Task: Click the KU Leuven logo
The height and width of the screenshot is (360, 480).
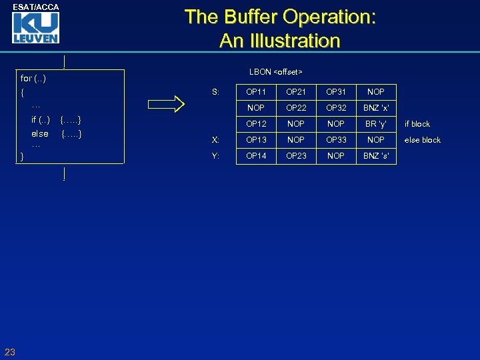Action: [35, 28]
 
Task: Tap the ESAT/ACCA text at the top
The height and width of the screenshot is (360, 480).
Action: [35, 7]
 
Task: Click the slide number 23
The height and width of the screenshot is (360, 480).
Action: [9, 352]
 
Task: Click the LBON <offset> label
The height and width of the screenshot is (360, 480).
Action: [275, 71]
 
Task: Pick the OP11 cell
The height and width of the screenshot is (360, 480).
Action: [256, 91]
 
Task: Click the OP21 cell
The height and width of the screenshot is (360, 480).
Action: [296, 91]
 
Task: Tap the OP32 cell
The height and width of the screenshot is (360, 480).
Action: [336, 107]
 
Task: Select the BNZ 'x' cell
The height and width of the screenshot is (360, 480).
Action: [376, 107]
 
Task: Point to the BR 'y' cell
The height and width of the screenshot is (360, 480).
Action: [376, 124]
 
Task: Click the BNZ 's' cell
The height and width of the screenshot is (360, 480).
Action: [376, 156]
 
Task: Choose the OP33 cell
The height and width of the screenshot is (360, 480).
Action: [336, 140]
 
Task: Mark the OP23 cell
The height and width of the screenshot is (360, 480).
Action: [296, 156]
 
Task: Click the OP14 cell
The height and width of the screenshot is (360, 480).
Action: [256, 156]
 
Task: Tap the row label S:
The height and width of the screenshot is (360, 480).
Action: [215, 91]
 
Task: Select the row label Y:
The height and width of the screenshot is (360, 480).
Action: [215, 156]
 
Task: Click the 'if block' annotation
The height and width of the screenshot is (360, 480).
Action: [417, 124]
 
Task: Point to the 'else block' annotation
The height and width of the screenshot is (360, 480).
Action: [423, 140]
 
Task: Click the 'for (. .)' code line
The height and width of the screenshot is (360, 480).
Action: [33, 79]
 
